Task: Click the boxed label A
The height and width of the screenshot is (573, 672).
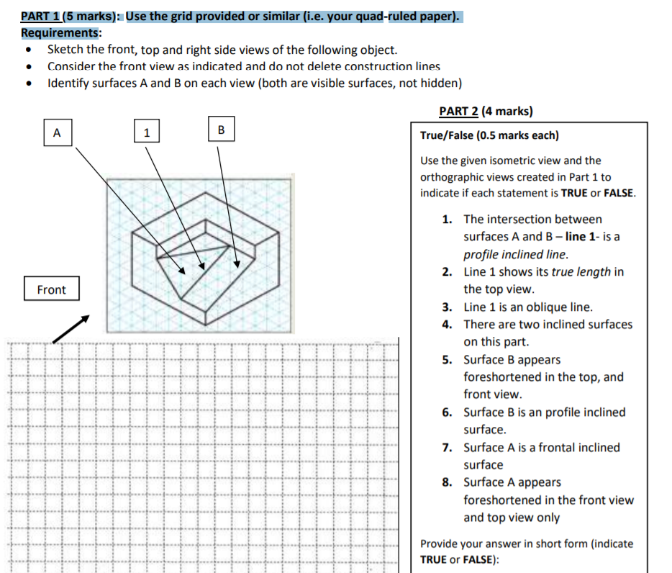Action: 58,132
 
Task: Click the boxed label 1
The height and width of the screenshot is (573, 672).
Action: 147,132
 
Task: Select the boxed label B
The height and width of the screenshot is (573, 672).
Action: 221,130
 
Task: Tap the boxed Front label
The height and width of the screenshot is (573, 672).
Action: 51,289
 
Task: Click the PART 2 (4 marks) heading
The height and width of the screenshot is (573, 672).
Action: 486,112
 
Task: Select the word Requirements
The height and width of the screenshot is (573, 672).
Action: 60,33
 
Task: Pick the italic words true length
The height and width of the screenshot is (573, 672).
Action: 581,272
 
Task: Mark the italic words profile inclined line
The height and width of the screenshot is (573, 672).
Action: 515,254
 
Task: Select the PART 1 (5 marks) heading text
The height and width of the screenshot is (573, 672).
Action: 70,17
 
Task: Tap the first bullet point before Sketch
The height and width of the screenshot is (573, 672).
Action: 28,50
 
